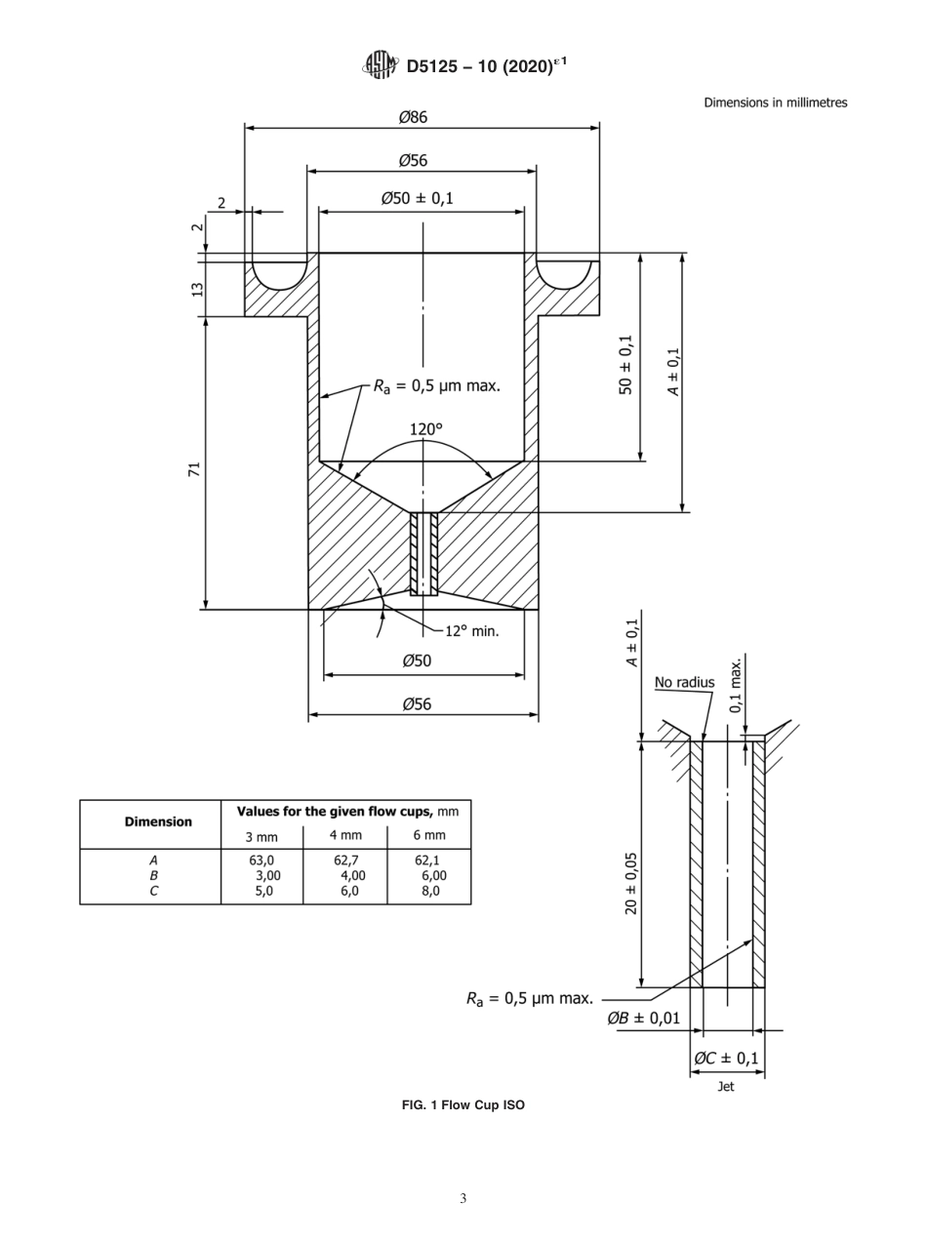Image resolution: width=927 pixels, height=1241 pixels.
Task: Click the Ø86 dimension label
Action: point(413,117)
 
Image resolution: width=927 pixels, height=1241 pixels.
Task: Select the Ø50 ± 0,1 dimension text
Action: point(417,199)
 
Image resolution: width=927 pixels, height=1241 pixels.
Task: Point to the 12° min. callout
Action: point(472,631)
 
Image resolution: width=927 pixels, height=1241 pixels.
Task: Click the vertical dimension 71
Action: point(195,469)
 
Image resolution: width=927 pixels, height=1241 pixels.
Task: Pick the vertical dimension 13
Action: point(196,290)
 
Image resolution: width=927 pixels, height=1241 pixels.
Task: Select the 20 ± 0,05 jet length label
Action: point(631,882)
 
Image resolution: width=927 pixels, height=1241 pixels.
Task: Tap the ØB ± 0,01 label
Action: point(643,1019)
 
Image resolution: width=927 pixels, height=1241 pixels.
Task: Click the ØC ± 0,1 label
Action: point(726,1058)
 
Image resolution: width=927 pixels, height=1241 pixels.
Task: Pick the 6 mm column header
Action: point(428,835)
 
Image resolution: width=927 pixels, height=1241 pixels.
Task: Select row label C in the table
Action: point(152,890)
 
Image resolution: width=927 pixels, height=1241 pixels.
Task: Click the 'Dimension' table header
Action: point(158,821)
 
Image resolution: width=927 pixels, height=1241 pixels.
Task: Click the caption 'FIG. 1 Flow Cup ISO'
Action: point(463,1105)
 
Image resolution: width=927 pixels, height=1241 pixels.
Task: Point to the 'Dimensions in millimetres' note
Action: point(775,102)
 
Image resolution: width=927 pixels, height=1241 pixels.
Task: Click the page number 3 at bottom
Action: point(463,1199)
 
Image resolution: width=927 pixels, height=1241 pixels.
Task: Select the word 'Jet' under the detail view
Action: point(726,1087)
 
